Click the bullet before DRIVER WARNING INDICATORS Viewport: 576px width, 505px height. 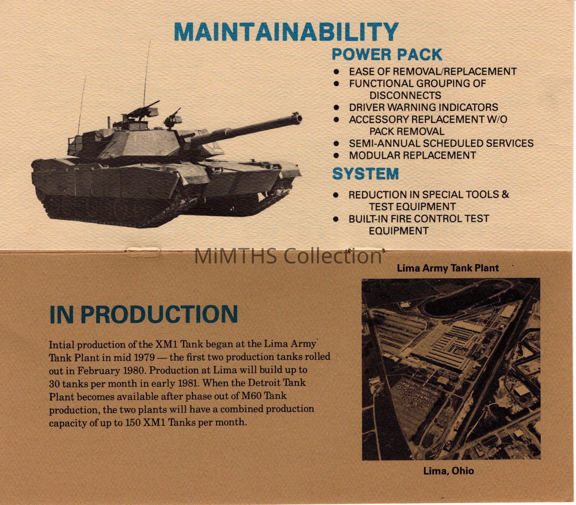336,107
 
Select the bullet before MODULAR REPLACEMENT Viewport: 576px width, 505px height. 336,155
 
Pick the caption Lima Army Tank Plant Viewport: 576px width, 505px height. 448,268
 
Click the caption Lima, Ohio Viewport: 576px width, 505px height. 449,471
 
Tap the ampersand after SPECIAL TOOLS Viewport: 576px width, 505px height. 505,195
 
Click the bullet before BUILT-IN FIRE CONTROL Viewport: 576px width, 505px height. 336,219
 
